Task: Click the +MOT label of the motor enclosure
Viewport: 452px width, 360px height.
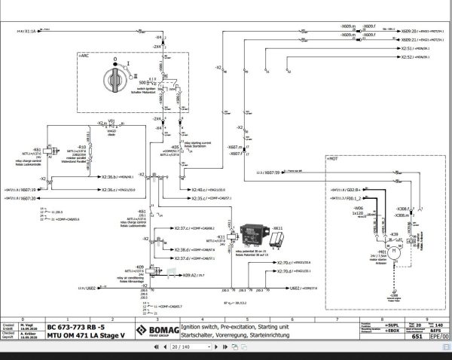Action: click(331, 160)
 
